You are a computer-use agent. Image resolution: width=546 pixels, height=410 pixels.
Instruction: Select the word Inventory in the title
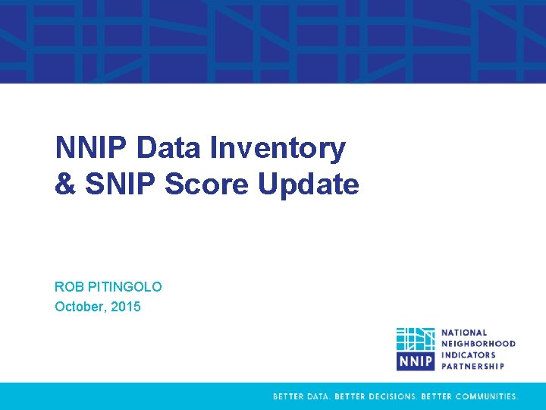[x=278, y=148]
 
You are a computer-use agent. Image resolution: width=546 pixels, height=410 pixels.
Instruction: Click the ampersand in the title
[x=63, y=184]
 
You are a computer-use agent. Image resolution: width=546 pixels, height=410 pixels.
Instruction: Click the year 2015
[x=127, y=307]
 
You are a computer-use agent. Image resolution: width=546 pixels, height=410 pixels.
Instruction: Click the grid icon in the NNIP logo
[x=416, y=339]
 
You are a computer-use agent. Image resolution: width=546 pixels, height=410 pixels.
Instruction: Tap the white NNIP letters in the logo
[x=416, y=360]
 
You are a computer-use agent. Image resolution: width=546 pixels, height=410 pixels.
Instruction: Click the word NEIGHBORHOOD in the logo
[x=479, y=343]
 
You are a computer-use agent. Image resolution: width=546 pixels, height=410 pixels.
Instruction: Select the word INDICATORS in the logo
[x=469, y=355]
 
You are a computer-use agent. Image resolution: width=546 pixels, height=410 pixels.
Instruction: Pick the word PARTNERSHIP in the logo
[x=472, y=365]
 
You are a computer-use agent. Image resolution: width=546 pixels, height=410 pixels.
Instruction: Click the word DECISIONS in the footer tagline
[x=389, y=396]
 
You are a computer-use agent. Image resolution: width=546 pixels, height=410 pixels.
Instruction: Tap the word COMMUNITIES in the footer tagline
[x=483, y=396]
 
